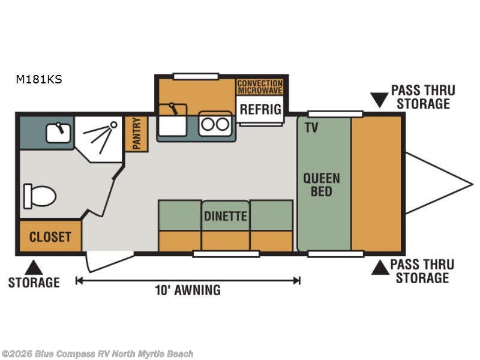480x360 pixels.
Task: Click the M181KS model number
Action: point(39,79)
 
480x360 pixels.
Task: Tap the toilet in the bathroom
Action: point(40,196)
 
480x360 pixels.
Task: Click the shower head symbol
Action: point(111,125)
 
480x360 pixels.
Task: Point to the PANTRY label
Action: point(136,133)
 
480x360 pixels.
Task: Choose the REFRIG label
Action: point(261,109)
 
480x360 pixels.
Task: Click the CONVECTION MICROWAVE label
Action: point(260,86)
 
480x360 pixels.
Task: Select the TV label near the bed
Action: point(311,127)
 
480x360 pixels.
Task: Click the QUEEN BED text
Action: point(322,185)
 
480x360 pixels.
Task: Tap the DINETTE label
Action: point(225,216)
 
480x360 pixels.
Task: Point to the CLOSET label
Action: point(50,237)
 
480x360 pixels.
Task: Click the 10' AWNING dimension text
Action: point(188,290)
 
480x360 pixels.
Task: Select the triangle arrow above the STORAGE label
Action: point(34,267)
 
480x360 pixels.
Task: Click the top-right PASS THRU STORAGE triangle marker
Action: point(379,99)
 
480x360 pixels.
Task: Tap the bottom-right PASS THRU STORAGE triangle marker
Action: point(379,268)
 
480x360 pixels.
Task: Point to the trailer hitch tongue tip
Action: point(471,183)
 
